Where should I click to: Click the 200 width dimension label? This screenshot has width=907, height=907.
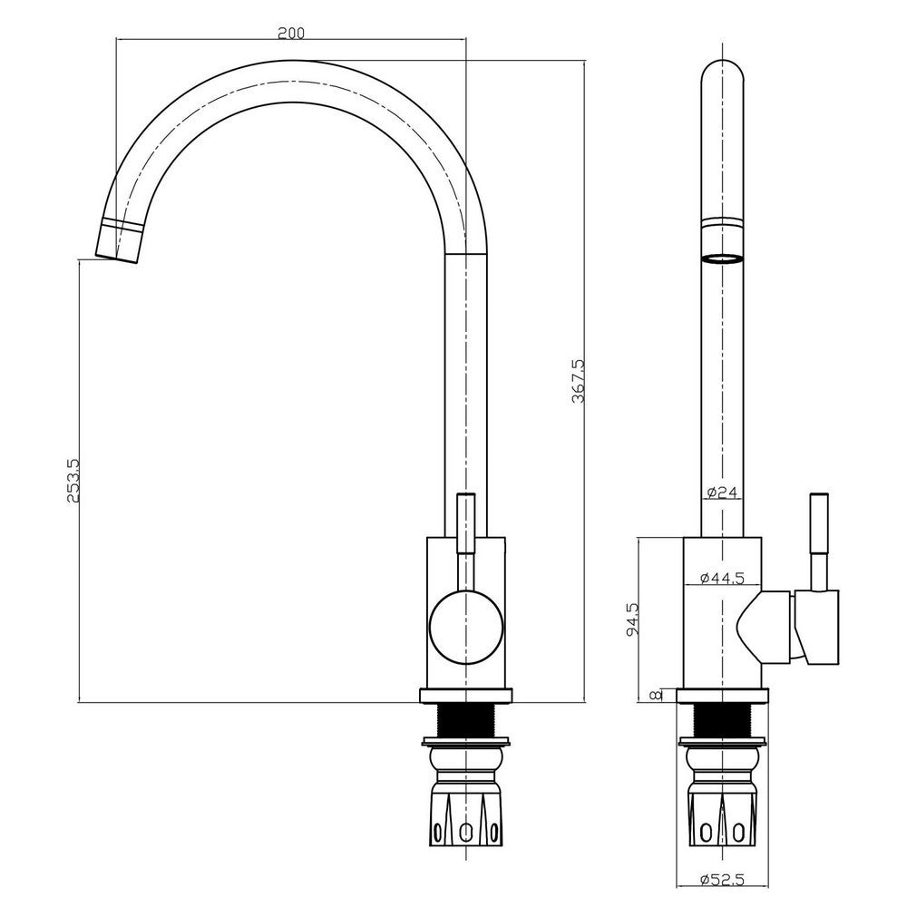(290, 33)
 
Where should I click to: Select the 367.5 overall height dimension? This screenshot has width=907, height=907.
(579, 381)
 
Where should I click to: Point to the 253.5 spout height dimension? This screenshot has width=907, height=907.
(74, 481)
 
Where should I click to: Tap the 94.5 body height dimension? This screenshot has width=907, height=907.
(633, 619)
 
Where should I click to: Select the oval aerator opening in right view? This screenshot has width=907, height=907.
(722, 258)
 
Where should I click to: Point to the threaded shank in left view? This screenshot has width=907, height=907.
(465, 722)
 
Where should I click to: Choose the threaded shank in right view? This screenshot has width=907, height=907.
(722, 722)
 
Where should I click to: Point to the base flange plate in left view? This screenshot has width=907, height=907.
(465, 697)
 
